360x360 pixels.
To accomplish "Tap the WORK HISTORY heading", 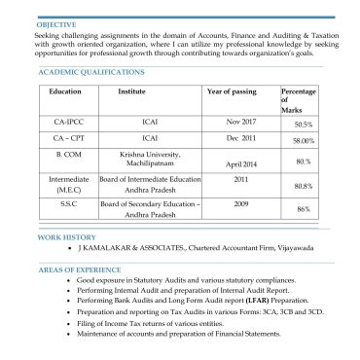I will point(66,236).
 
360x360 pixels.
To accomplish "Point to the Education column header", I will point(65,90).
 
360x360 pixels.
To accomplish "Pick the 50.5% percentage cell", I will point(303,126).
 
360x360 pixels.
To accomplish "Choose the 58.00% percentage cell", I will point(303,141).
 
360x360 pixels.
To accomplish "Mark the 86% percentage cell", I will point(303,209).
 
